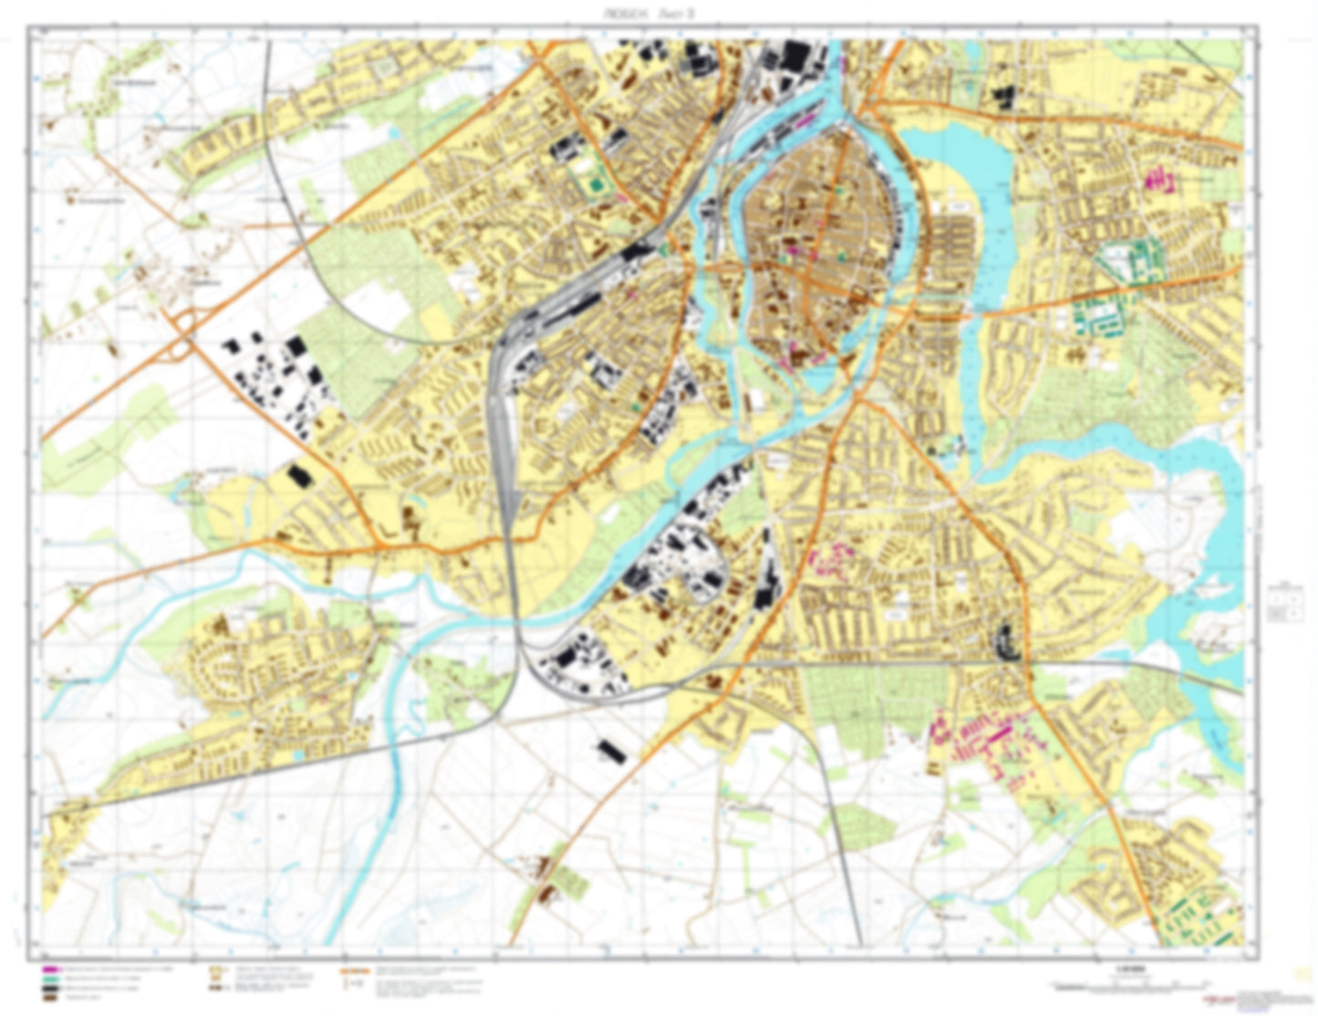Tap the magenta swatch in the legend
[48, 969]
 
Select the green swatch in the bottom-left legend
[48, 979]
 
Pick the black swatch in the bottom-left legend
[48, 989]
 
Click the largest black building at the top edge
[794, 57]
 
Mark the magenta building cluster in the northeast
[1160, 179]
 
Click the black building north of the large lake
[1003, 96]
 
